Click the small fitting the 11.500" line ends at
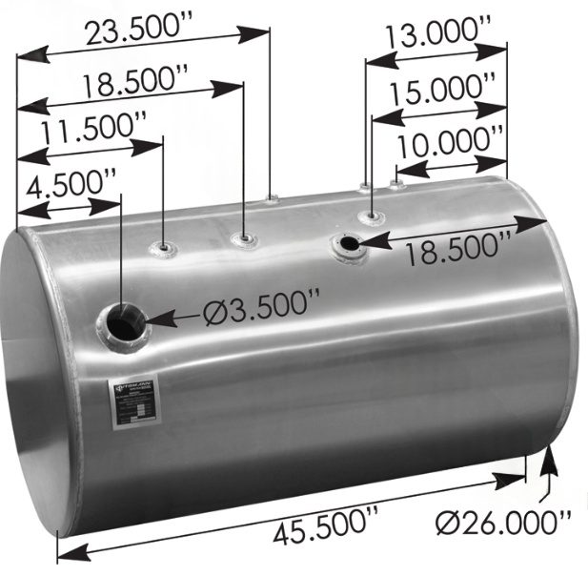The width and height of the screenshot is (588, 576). pos(165,250)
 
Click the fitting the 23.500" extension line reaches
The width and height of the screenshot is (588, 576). pos(272,198)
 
